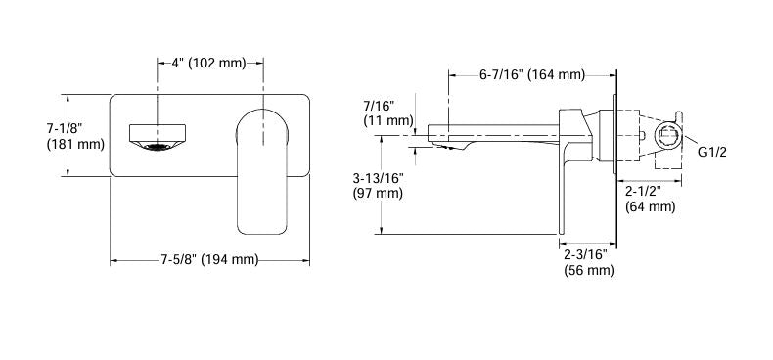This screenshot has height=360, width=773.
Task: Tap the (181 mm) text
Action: point(74,145)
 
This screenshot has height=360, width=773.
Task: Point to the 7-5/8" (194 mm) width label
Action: point(209,260)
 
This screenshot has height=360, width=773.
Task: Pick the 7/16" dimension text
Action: point(378,104)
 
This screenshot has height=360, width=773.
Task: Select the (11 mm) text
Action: point(386,120)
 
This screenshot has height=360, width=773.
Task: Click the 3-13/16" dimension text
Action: point(378,178)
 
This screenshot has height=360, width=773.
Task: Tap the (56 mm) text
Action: point(589,271)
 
